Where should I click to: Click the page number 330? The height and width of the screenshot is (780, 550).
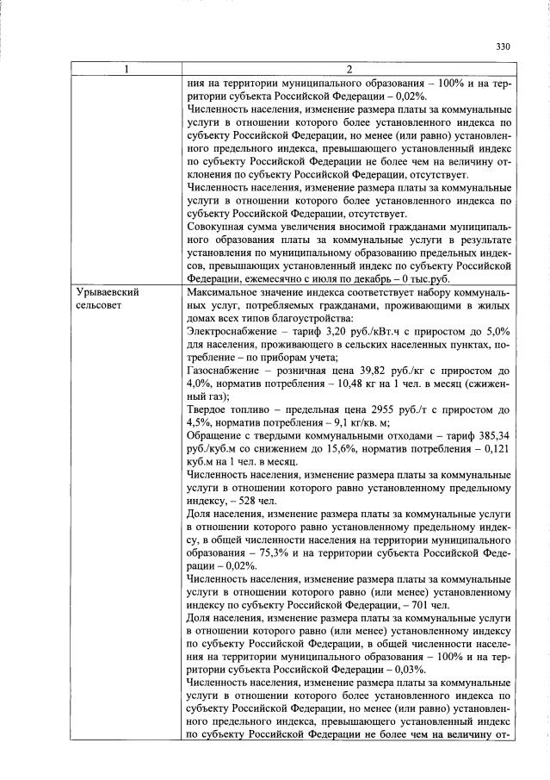click(504, 47)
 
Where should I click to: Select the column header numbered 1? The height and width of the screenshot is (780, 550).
click(126, 68)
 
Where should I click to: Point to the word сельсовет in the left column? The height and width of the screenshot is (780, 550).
click(100, 305)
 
